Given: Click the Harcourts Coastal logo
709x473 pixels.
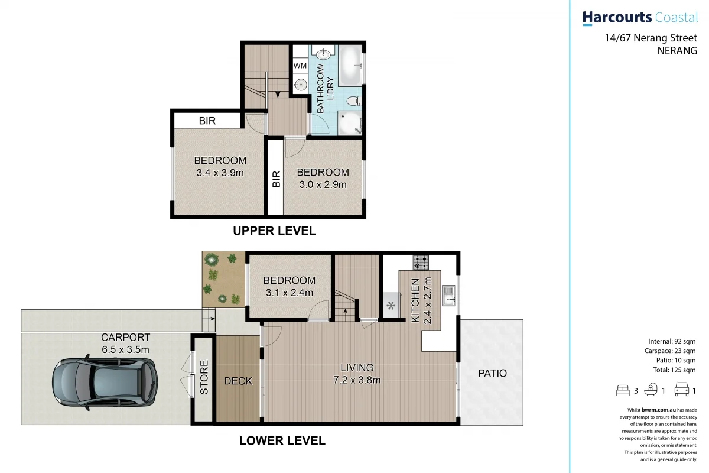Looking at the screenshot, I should coord(639,18).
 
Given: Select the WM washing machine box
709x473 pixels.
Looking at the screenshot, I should coord(301,66).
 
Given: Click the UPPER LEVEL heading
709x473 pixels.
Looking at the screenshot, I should coord(274,231).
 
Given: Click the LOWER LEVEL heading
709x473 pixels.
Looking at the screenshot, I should coord(282,440).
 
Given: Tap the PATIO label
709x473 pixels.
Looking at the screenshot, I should coord(492,373).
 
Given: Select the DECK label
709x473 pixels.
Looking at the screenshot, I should coord(238,381).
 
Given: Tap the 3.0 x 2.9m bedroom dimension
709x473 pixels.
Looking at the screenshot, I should coord(323,184).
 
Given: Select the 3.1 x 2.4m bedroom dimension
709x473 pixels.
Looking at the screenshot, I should coord(289,292).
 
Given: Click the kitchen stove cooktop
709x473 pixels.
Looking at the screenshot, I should coord(420,262).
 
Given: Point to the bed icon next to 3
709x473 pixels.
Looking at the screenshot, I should coord(622,390).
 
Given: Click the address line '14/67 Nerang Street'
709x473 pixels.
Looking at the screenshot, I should coord(651,38).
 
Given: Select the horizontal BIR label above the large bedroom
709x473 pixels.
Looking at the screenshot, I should coord(207,121).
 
